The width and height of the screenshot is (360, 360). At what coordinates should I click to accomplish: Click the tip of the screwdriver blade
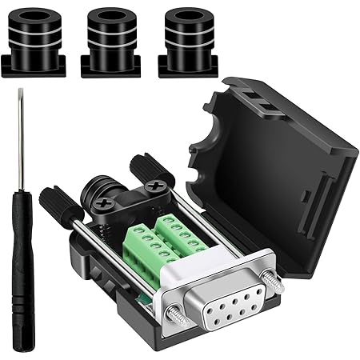coord(14,95)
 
